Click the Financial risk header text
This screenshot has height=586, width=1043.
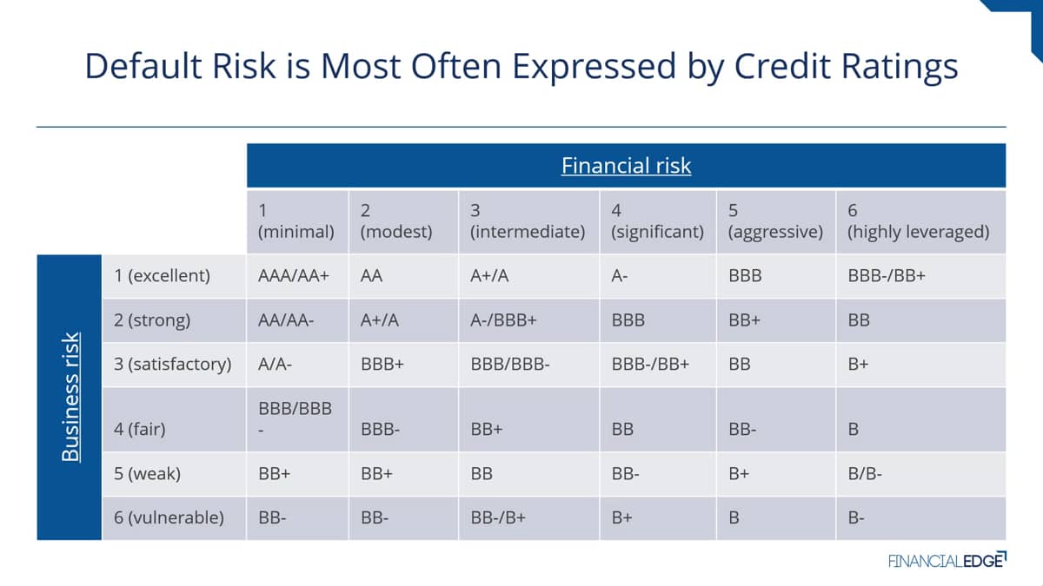[x=626, y=166]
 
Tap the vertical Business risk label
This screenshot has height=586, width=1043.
[x=70, y=398]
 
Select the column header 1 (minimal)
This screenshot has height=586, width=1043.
[x=296, y=221]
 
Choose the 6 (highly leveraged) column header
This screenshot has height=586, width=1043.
[x=918, y=221]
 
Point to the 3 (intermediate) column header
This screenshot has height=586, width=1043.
[x=528, y=221]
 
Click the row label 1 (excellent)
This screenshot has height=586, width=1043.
[x=162, y=276]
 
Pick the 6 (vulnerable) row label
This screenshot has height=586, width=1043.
[x=169, y=517]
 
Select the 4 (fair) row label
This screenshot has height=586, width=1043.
[x=140, y=429]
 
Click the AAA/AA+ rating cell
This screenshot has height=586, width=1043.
[x=294, y=276]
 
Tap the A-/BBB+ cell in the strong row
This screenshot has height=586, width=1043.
[x=503, y=320]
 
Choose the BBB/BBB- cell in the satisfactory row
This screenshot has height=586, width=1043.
[x=510, y=364]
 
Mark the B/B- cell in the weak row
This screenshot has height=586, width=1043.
[x=865, y=474]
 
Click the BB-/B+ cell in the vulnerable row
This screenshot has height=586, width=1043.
[x=498, y=517]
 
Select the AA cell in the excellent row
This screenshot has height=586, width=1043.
[x=371, y=276]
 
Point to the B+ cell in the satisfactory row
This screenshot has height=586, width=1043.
[x=858, y=364]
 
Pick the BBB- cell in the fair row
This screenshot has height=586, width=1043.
[x=380, y=429]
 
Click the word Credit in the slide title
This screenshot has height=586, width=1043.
[x=782, y=66]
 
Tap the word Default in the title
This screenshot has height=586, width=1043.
[x=143, y=66]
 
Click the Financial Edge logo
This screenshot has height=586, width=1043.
[x=947, y=561]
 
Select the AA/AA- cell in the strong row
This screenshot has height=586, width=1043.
[x=286, y=320]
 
